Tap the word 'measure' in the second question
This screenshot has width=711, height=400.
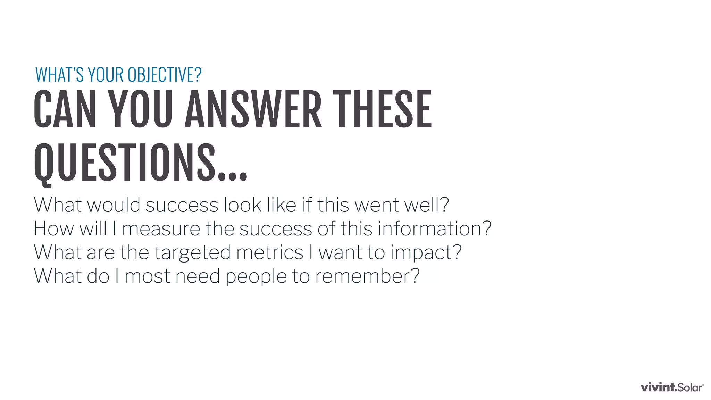161,229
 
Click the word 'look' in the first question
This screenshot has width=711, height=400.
242,205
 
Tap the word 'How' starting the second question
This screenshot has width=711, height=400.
54,229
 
